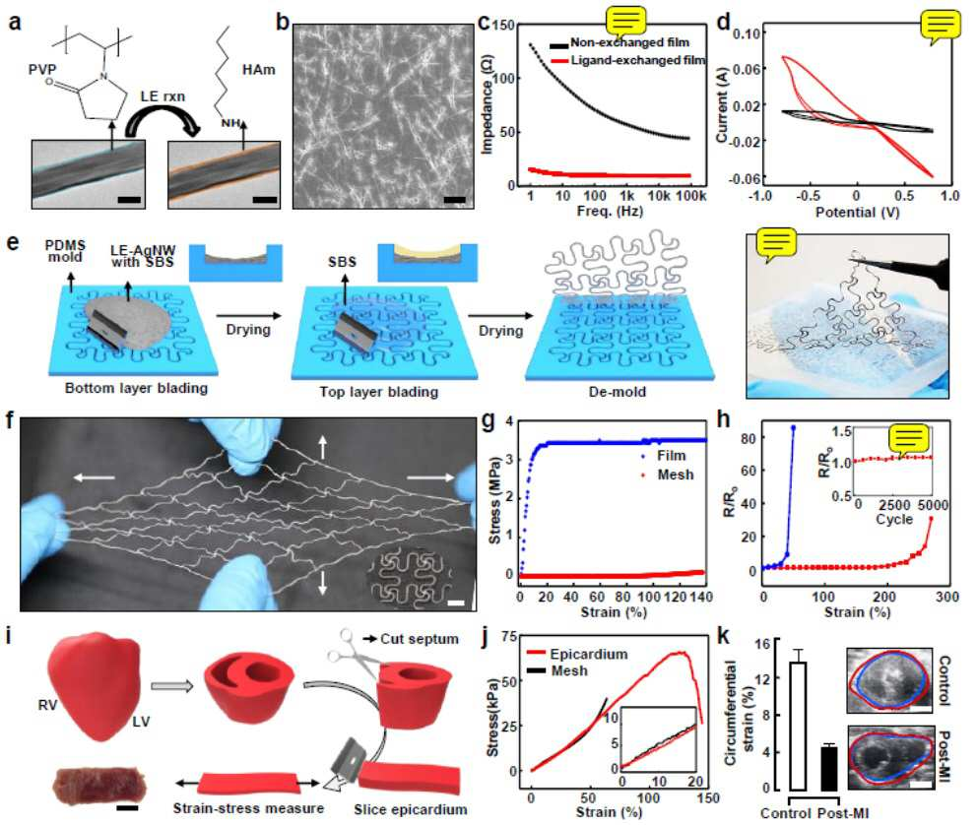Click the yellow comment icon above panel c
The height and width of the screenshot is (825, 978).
coord(626,23)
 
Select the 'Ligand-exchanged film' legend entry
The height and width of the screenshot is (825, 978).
coord(628,60)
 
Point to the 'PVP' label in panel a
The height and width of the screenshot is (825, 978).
coord(42,69)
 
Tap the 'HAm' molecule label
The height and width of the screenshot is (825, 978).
coord(258,69)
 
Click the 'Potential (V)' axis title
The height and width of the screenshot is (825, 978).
coord(858,212)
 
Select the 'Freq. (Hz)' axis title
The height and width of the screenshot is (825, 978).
coord(610,211)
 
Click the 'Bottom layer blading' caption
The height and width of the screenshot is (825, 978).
coord(136,388)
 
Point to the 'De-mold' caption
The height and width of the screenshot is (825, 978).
coord(617,392)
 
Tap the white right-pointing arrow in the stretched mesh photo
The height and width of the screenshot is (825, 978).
coord(430,477)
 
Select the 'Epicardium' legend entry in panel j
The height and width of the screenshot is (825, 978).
coord(577,654)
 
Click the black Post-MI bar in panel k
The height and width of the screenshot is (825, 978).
coord(829,768)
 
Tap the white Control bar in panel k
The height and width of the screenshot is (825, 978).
coord(798,727)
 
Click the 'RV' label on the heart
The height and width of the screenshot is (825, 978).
coord(47,705)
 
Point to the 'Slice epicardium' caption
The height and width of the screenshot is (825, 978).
coord(411,809)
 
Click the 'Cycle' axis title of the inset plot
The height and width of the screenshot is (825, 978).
coord(894,519)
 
